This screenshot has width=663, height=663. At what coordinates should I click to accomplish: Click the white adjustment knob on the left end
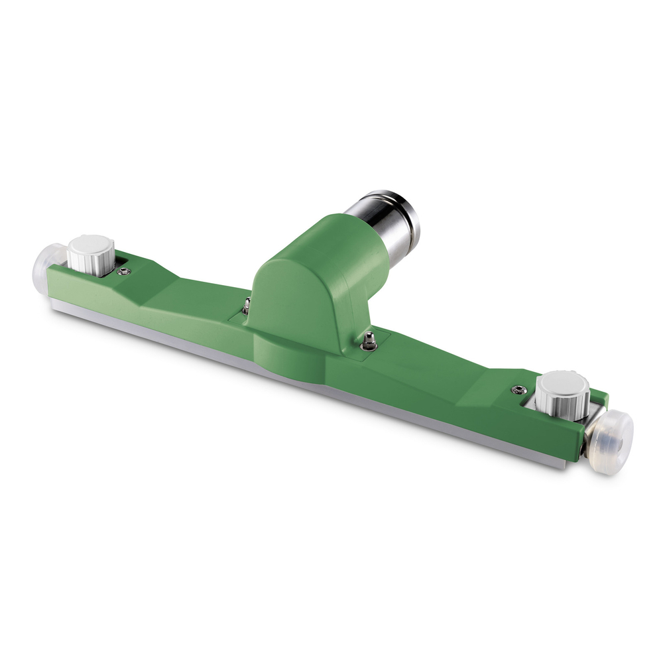[92, 253]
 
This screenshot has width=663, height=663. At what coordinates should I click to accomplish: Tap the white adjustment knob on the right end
[562, 392]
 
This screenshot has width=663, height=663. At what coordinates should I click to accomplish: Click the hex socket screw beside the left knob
[124, 271]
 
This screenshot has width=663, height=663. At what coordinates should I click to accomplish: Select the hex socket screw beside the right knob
[519, 390]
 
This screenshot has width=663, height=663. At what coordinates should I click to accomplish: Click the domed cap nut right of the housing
[369, 341]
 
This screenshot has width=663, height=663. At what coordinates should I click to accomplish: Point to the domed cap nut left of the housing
[247, 305]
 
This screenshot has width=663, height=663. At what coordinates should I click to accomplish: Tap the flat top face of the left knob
[92, 243]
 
